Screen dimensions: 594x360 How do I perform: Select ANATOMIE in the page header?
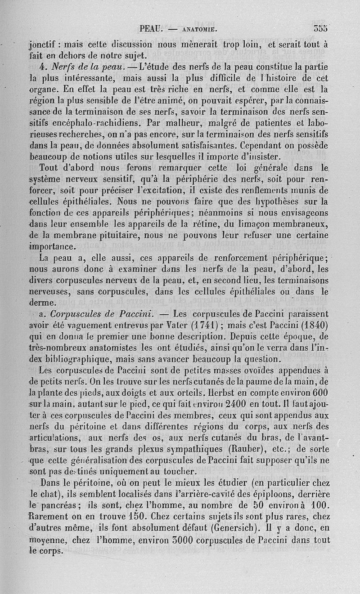(x=198, y=30)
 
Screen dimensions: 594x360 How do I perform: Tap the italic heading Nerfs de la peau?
(x=84, y=68)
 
